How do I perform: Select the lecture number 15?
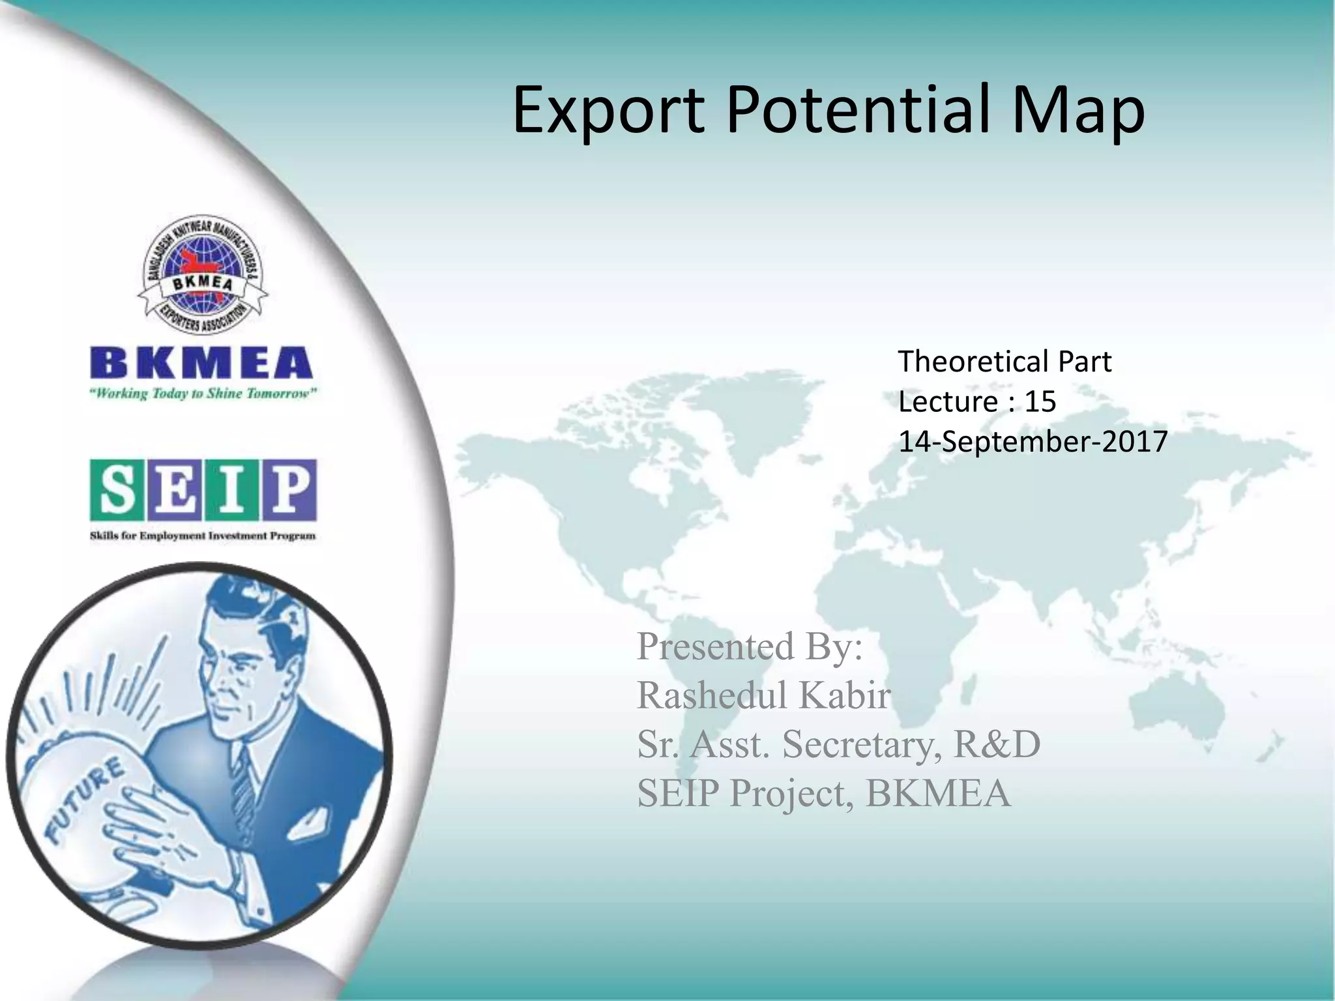click(1040, 401)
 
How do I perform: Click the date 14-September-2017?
click(1033, 442)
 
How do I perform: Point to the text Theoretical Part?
click(1005, 361)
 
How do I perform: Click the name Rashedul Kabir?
click(763, 695)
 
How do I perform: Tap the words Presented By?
click(750, 646)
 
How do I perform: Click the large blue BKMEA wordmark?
click(201, 364)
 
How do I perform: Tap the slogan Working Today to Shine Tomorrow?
click(203, 394)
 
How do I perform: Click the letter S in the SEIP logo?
click(117, 490)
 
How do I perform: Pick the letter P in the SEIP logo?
click(290, 490)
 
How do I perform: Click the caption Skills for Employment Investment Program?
click(203, 536)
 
